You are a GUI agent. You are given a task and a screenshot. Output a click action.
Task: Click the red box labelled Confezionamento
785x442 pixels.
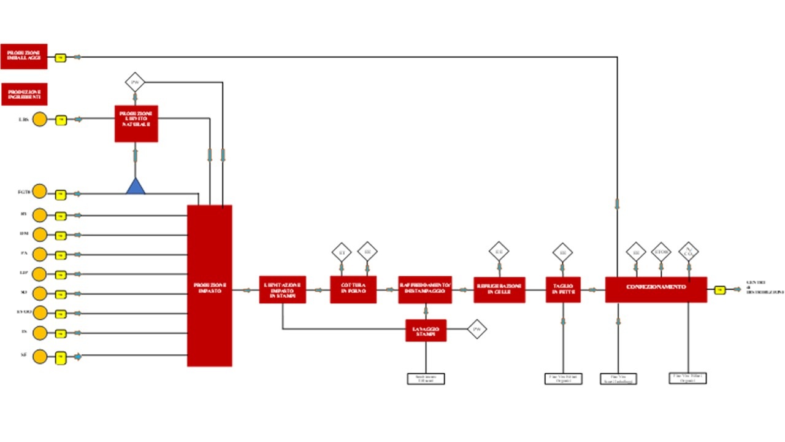[x=656, y=289]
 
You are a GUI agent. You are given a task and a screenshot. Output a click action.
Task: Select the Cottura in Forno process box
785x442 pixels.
[x=353, y=289]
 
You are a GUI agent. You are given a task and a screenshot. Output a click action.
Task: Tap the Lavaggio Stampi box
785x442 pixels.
[x=426, y=330]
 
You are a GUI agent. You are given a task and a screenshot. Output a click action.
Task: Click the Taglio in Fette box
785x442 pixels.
[x=563, y=289]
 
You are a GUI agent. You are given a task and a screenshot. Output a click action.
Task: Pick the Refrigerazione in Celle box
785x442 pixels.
[x=499, y=289]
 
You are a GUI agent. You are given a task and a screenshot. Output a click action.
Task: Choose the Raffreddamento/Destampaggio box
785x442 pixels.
[x=425, y=289]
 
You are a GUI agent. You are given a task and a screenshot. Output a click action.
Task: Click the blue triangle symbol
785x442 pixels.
[x=136, y=187]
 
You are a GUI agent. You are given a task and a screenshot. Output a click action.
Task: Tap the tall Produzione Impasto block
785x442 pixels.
[x=210, y=285]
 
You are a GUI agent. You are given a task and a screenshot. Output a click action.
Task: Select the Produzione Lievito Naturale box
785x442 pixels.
[x=136, y=123]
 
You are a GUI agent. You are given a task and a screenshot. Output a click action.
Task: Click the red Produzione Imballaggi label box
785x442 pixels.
[x=24, y=56]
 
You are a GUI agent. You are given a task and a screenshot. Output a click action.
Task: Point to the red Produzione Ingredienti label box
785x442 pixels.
[x=25, y=94]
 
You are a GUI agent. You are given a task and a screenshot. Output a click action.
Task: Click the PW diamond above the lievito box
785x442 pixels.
[x=135, y=82]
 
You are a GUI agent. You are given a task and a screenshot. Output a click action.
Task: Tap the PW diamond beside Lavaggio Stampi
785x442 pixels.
[x=477, y=330]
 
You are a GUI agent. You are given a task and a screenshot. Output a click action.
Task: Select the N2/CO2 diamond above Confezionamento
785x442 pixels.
[x=689, y=252]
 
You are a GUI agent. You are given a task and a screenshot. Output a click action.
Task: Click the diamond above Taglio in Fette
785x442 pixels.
[x=562, y=252]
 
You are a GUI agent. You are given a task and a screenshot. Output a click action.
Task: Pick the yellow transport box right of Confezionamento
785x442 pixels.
[x=720, y=290]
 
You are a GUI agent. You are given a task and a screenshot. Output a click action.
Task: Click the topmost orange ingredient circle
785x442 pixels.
[x=39, y=120]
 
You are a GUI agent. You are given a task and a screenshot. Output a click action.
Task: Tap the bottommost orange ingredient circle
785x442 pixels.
[x=39, y=356]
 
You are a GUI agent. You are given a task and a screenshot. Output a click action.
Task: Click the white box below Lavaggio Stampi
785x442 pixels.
[x=426, y=379]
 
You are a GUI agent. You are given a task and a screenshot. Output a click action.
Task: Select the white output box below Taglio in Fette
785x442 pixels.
[x=563, y=379]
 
